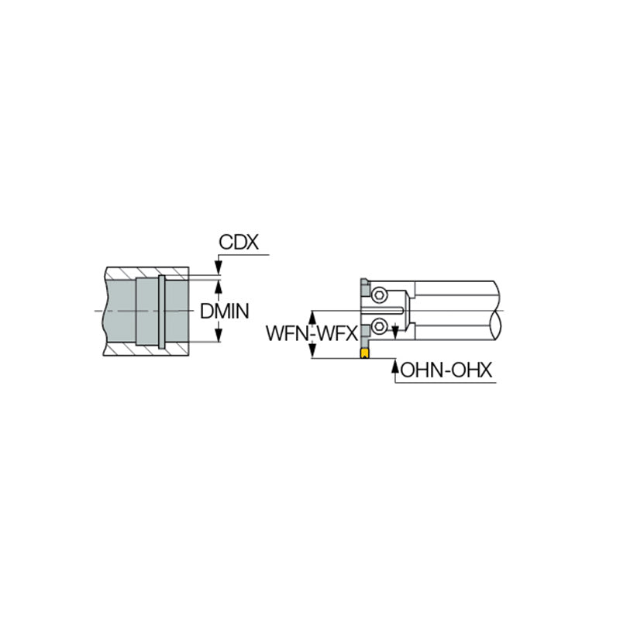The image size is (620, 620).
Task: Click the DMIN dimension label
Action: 224,312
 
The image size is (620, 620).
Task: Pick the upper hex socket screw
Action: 379,294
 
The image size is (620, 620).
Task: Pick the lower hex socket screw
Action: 379,325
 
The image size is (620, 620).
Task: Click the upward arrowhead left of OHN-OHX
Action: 395,364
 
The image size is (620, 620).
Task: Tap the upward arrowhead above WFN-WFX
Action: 313,316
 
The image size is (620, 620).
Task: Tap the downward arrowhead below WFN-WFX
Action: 313,353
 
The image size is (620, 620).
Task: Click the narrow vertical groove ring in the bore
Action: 161,312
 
